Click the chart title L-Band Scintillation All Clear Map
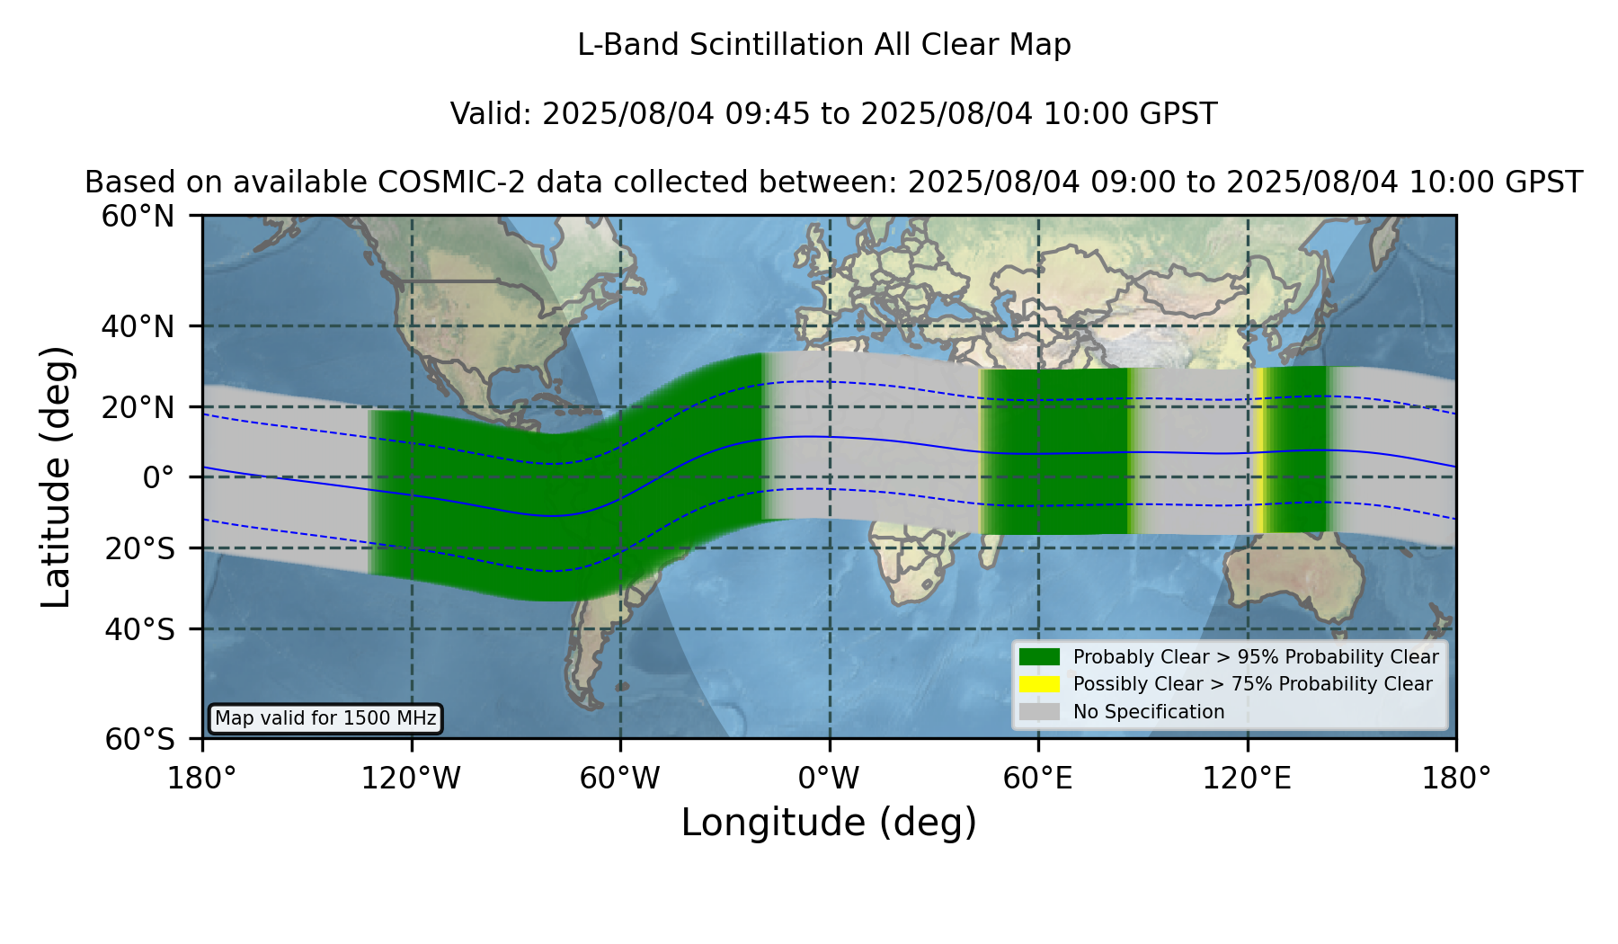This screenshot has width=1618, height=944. click(x=823, y=45)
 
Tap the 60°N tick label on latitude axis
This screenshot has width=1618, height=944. click(x=138, y=216)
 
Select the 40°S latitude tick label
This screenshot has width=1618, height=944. click(x=139, y=629)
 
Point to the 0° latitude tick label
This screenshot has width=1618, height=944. click(x=158, y=477)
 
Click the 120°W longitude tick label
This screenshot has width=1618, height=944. click(x=411, y=778)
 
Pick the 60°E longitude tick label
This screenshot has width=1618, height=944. click(x=1038, y=778)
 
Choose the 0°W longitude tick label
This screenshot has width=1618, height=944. click(x=829, y=778)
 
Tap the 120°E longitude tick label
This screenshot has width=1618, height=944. click(x=1247, y=778)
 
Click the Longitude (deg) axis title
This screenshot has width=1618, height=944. click(x=829, y=823)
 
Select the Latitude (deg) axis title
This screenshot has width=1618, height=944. click(x=56, y=476)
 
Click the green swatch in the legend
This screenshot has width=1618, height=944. click(x=1040, y=656)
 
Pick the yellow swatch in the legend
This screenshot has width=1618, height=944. click(x=1040, y=684)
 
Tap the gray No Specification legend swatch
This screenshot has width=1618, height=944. click(x=1040, y=712)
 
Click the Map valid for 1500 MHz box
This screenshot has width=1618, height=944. click(x=325, y=718)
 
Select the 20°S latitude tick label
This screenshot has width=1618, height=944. click(x=139, y=548)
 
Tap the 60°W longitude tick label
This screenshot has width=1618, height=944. click(x=619, y=778)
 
